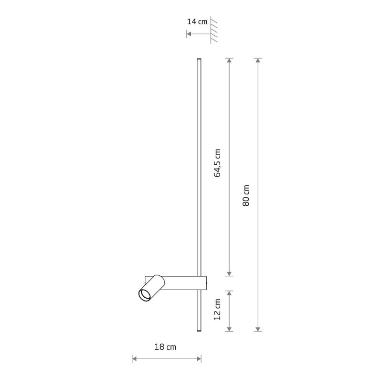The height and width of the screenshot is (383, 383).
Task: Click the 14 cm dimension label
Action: (197, 22)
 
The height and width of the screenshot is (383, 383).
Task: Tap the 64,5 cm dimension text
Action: (217, 162)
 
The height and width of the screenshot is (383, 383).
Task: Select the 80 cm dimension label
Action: (246, 195)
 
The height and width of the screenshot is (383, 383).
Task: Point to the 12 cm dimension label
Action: (217, 309)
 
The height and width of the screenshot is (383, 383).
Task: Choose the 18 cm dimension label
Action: (165, 347)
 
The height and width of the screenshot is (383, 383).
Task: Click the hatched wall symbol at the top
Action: (214, 30)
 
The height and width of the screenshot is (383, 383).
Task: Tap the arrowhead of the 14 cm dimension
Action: (189, 34)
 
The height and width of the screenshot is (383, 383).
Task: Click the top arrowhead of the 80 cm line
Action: (258, 60)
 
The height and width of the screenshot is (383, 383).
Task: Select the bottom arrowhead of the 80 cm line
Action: (258, 329)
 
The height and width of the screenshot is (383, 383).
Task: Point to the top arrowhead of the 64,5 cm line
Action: (229, 60)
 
